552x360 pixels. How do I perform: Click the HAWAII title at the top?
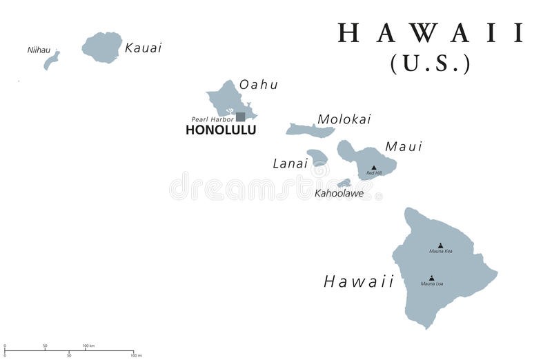[x=431, y=34]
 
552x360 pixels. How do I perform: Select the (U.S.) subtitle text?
[x=431, y=63]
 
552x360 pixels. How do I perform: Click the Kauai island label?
[x=144, y=48]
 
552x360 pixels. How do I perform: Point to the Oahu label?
[x=259, y=85]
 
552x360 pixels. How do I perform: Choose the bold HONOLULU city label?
[x=216, y=129]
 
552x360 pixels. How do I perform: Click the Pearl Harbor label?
[x=212, y=119]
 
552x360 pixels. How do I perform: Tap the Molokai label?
[x=344, y=119]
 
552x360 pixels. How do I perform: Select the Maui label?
[x=404, y=146]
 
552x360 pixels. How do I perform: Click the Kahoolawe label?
[x=339, y=193]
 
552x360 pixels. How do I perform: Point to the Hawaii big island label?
[x=359, y=281]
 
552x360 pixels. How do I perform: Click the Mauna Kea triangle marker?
[x=440, y=245]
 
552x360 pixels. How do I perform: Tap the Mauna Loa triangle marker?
[x=432, y=278]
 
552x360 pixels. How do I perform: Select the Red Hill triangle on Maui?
[x=374, y=167]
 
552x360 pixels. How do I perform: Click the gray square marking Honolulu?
[x=240, y=117]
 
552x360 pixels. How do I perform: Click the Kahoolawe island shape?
[x=344, y=183]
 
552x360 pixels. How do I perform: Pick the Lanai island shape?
[x=317, y=157]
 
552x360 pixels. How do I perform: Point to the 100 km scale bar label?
[x=88, y=345]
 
